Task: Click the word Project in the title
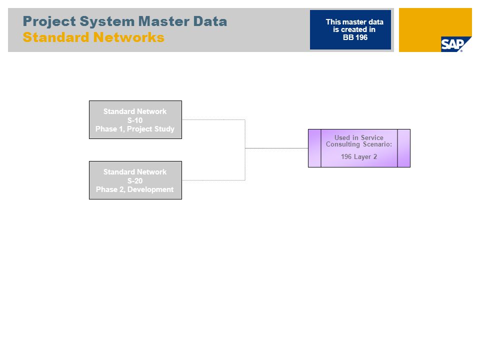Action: pyautogui.click(x=49, y=21)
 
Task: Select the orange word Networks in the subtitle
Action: pyautogui.click(x=129, y=37)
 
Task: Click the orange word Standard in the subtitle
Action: pyautogui.click(x=56, y=37)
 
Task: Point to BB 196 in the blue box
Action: pyautogui.click(x=355, y=37)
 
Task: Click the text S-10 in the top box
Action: pyautogui.click(x=135, y=120)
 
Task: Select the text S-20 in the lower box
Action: pyautogui.click(x=135, y=181)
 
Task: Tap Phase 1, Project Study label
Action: pyautogui.click(x=135, y=129)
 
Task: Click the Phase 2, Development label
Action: pyautogui.click(x=135, y=189)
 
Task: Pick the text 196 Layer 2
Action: pyautogui.click(x=359, y=156)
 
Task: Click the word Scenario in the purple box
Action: pyautogui.click(x=377, y=144)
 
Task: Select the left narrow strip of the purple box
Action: pyautogui.click(x=314, y=148)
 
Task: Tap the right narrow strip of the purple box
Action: pyautogui.click(x=404, y=148)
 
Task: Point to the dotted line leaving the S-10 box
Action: pyautogui.click(x=213, y=119)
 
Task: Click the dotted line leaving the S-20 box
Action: pyautogui.click(x=213, y=180)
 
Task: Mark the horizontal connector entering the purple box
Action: pyautogui.click(x=276, y=148)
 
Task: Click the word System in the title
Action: pyautogui.click(x=107, y=21)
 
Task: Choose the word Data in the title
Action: pyautogui.click(x=210, y=21)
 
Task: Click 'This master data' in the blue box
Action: pyautogui.click(x=354, y=22)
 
